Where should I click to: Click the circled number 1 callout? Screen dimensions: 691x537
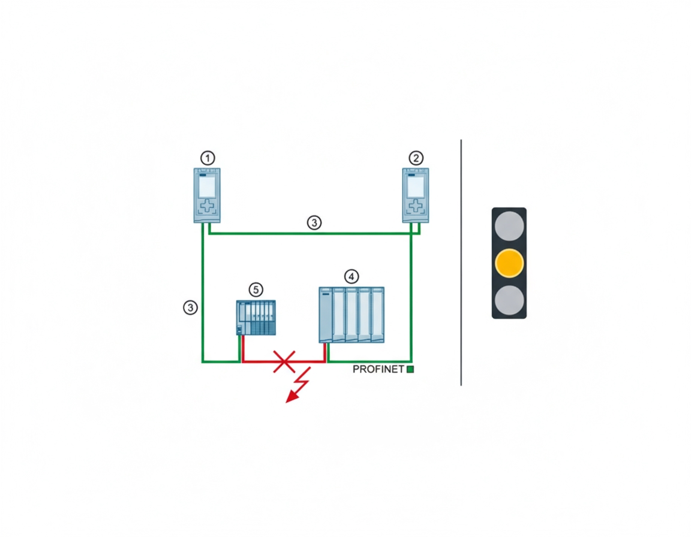[208, 158]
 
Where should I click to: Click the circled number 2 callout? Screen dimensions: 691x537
[416, 158]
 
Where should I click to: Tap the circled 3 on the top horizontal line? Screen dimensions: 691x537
[314, 223]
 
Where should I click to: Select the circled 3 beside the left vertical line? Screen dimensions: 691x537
[190, 307]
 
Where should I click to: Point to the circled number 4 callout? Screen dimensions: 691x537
[351, 276]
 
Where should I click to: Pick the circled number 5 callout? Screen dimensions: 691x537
[256, 289]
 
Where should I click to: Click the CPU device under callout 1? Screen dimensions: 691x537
[207, 195]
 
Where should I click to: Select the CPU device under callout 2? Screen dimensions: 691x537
[416, 195]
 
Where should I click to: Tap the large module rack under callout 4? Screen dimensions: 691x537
[351, 315]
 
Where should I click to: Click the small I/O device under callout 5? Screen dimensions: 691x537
[256, 318]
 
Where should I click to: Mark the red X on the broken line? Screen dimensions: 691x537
[284, 362]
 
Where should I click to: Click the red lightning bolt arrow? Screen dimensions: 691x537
[298, 385]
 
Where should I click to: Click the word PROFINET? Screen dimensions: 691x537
[378, 369]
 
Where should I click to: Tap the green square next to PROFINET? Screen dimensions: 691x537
[410, 369]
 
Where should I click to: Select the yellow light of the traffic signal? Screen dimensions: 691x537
[509, 263]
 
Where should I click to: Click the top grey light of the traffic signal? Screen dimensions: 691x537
[509, 226]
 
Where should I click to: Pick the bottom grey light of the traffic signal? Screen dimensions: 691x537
[509, 300]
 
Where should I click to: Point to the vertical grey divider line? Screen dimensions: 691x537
[461, 263]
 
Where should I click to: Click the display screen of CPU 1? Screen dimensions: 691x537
[207, 186]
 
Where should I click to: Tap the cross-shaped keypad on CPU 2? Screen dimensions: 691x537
[416, 206]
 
